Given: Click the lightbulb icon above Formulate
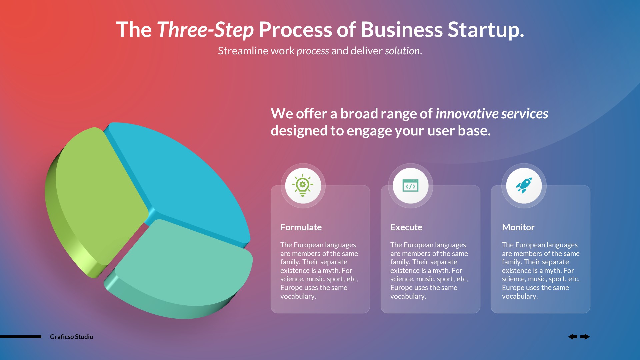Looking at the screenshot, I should click(303, 185).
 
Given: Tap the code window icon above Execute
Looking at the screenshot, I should click(410, 186).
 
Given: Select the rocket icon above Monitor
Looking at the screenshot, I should click(524, 186).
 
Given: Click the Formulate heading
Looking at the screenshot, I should click(301, 227).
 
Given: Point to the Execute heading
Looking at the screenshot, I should click(406, 227).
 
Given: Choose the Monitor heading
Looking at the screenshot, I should click(518, 227).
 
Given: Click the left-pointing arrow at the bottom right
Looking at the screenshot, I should click(573, 337).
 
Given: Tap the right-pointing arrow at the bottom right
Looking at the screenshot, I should click(585, 337).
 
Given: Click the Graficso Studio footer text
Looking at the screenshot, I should click(71, 337).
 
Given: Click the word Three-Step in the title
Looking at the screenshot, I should click(205, 30).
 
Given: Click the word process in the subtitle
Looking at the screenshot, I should click(313, 51).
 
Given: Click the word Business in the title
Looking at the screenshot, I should click(401, 30).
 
